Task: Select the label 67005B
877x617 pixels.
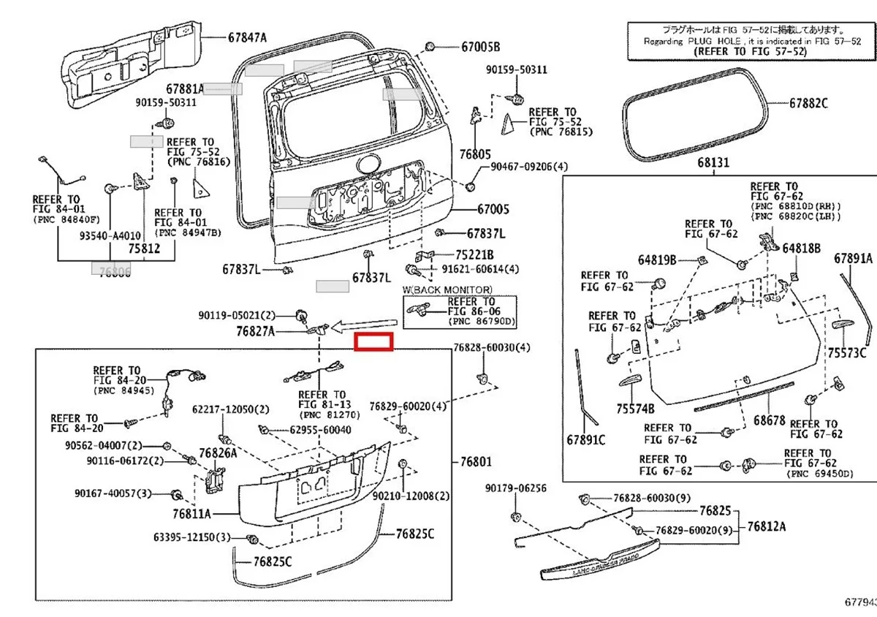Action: pyautogui.click(x=480, y=47)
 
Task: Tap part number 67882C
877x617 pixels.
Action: pyautogui.click(x=808, y=104)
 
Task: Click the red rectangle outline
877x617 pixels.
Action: pyautogui.click(x=373, y=341)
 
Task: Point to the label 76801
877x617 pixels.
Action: pyautogui.click(x=477, y=461)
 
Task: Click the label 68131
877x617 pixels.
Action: pyautogui.click(x=713, y=163)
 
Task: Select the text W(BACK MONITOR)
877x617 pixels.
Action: pyautogui.click(x=447, y=290)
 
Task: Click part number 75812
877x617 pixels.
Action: pyautogui.click(x=144, y=249)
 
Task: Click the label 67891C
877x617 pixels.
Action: pyautogui.click(x=585, y=439)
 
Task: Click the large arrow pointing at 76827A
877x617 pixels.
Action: pyautogui.click(x=366, y=325)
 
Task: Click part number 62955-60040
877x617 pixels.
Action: pyautogui.click(x=320, y=430)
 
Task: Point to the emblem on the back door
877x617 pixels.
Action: pyautogui.click(x=366, y=164)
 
